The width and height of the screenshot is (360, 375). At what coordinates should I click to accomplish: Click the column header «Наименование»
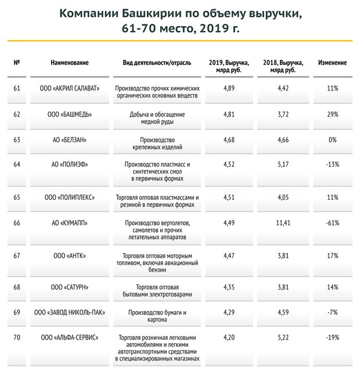tap(70, 62)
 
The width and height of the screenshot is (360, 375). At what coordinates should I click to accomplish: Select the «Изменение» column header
tap(333, 62)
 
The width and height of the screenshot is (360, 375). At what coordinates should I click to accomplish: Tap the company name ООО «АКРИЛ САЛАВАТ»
tap(70, 88)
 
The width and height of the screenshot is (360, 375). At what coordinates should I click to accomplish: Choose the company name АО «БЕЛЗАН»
tap(70, 139)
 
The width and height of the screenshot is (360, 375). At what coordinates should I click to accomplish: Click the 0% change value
tap(333, 139)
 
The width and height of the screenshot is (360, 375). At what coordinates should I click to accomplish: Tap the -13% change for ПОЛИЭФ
tap(333, 164)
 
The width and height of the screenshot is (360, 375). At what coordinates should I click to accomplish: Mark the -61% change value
tap(333, 222)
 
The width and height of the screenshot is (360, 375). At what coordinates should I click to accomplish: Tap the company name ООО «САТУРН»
tap(70, 287)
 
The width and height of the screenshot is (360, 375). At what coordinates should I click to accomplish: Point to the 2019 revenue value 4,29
tap(230, 312)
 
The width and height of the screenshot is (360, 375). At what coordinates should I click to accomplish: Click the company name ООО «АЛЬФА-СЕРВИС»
tap(70, 337)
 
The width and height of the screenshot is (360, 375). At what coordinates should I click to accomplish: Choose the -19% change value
tap(333, 337)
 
